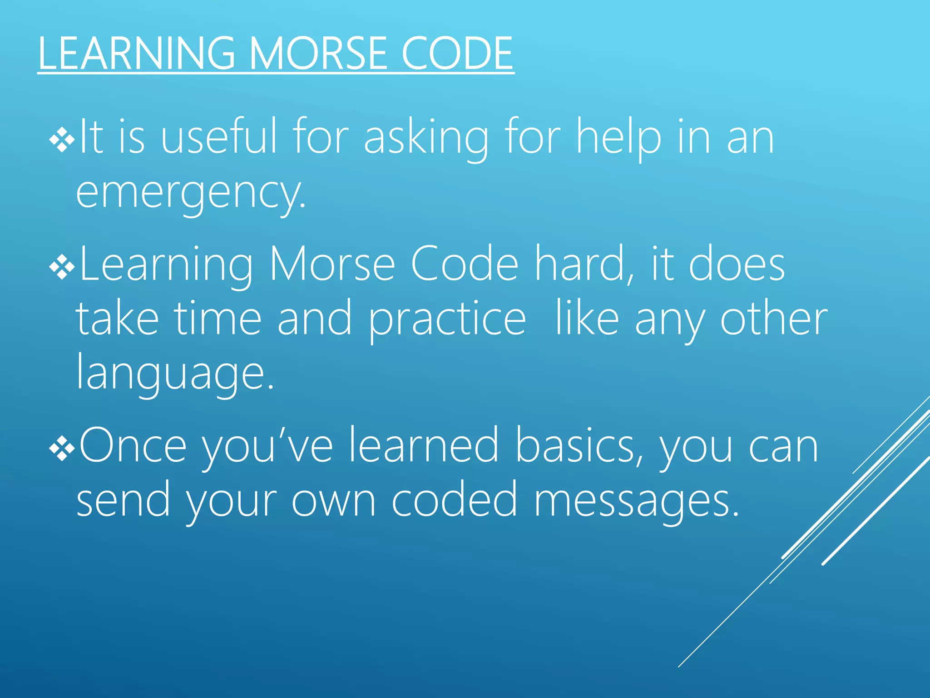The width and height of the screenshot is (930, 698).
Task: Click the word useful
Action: [219, 136]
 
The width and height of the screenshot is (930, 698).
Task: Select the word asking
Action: [426, 139]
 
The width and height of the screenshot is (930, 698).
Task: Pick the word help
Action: [618, 139]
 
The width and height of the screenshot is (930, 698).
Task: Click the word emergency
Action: [191, 193]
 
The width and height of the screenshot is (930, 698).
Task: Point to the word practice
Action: [447, 320]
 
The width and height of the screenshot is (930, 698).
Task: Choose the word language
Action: [175, 374]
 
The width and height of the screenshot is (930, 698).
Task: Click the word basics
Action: [579, 446]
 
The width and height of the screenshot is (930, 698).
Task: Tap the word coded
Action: [454, 500]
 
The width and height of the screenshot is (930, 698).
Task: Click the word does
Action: [737, 264]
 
